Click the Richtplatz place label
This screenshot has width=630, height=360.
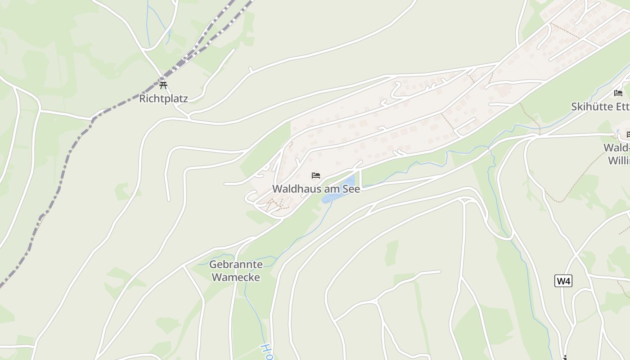[163, 99]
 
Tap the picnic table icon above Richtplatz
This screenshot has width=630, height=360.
[163, 85]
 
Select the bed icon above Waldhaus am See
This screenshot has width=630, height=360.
[316, 175]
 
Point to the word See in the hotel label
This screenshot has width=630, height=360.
[351, 189]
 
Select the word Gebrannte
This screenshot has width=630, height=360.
[236, 264]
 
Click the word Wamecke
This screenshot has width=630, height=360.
[236, 277]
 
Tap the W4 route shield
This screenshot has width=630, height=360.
[563, 281]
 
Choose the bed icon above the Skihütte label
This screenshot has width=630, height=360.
[618, 93]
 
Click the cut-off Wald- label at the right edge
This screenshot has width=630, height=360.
[616, 148]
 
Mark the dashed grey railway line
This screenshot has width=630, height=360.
[67, 157]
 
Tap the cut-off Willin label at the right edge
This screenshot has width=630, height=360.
[619, 161]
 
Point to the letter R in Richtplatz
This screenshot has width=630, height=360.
[143, 99]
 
